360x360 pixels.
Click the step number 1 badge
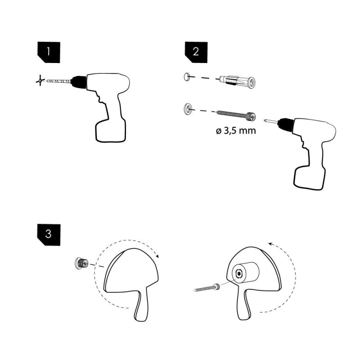tap(49, 52)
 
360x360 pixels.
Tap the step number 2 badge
tap(196, 52)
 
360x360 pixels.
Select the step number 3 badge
tap(49, 234)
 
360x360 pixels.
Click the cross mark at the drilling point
tap(40, 81)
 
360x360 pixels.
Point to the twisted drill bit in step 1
tap(58, 81)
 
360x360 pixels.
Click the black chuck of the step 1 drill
tap(78, 81)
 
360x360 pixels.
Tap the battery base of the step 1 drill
tap(110, 130)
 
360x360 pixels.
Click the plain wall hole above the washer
tap(187, 76)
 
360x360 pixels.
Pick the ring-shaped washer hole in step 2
tap(188, 108)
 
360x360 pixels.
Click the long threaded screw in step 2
tap(236, 115)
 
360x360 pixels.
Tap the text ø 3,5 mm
tap(236, 131)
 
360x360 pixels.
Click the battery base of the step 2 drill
tap(309, 177)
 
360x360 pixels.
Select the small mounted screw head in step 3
tap(82, 263)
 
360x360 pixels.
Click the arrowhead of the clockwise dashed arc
tap(157, 256)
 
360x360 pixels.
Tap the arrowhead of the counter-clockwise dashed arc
tap(270, 244)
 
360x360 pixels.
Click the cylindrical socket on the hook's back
tap(245, 273)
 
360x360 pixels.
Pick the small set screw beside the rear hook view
tap(207, 288)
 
